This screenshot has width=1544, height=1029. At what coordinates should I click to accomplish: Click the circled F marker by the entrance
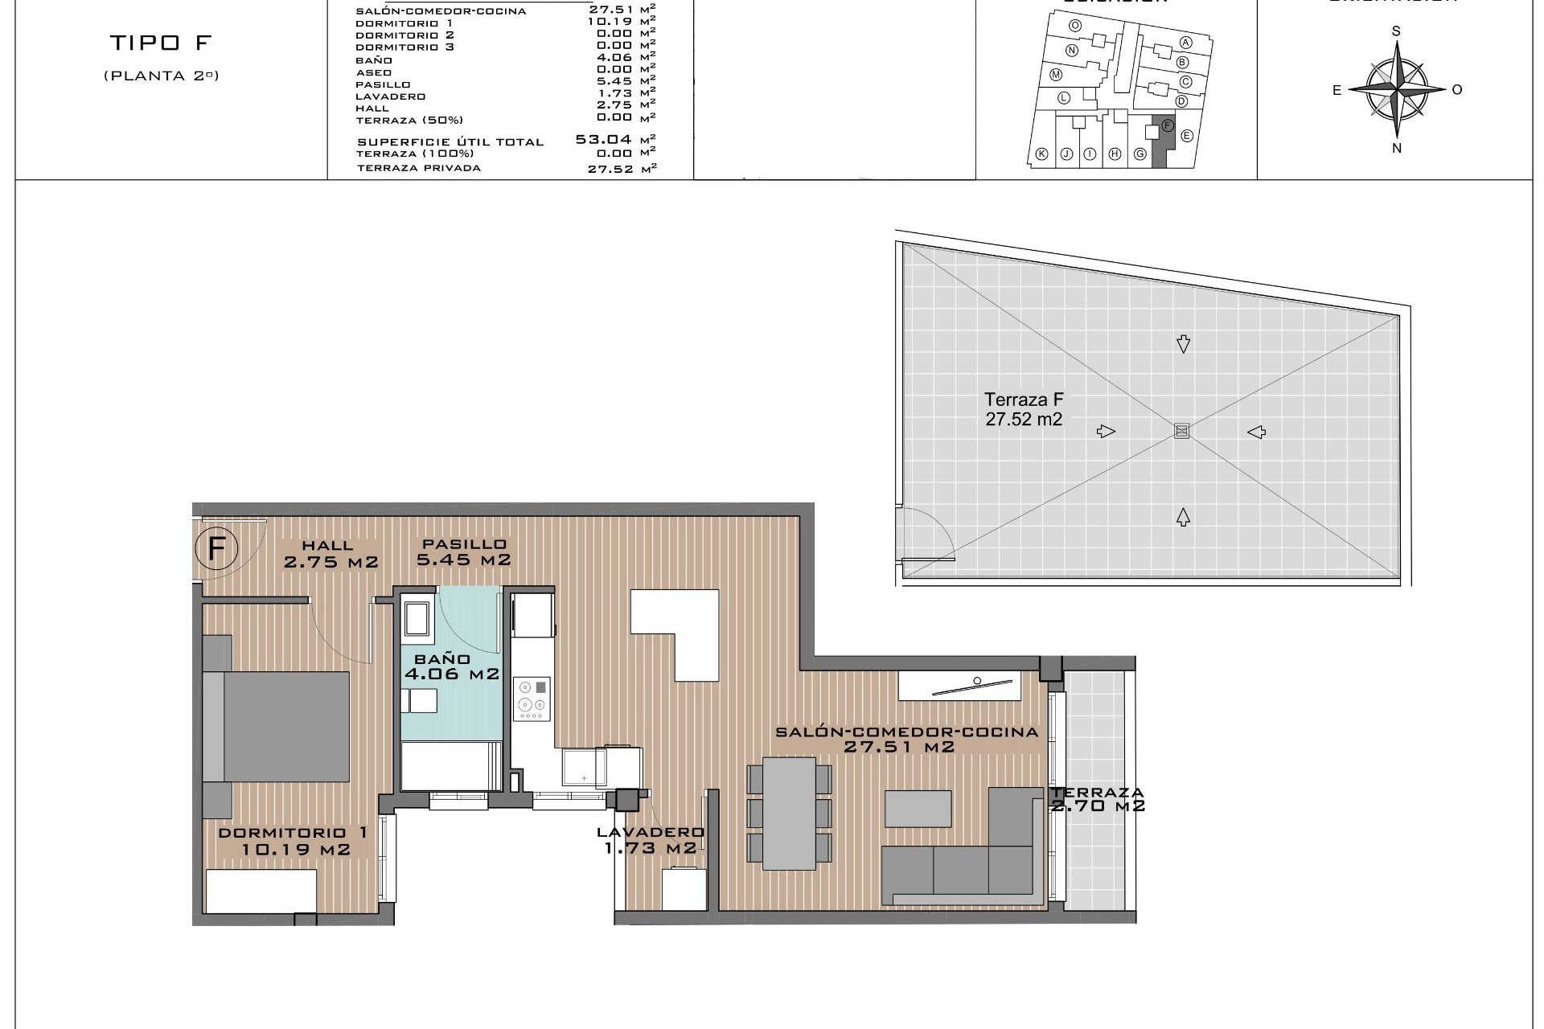[x=216, y=550]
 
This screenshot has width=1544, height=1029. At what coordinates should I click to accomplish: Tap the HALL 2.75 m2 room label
[x=330, y=555]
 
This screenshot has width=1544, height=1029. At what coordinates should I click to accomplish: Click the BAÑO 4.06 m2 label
[x=451, y=667]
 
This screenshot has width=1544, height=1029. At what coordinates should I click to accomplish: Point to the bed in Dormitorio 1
[x=277, y=727]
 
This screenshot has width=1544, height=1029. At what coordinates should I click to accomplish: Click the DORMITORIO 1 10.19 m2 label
[x=294, y=841]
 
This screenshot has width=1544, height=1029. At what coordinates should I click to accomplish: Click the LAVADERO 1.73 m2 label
[x=650, y=840]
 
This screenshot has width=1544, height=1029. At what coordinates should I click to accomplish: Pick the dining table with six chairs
[x=789, y=814]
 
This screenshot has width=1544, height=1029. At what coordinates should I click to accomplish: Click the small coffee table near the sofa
[x=918, y=809]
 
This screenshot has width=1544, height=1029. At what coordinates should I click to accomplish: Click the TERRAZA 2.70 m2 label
[x=1097, y=799]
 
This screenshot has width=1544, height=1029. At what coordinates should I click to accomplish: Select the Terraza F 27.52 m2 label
[x=1024, y=409]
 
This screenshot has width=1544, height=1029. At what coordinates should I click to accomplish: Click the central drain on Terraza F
[x=1181, y=431]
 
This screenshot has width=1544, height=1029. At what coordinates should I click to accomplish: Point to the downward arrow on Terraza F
[x=1183, y=344]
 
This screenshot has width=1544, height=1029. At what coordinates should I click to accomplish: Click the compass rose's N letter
[x=1397, y=148]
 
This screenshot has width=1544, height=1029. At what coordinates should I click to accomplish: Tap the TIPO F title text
[x=160, y=43]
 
